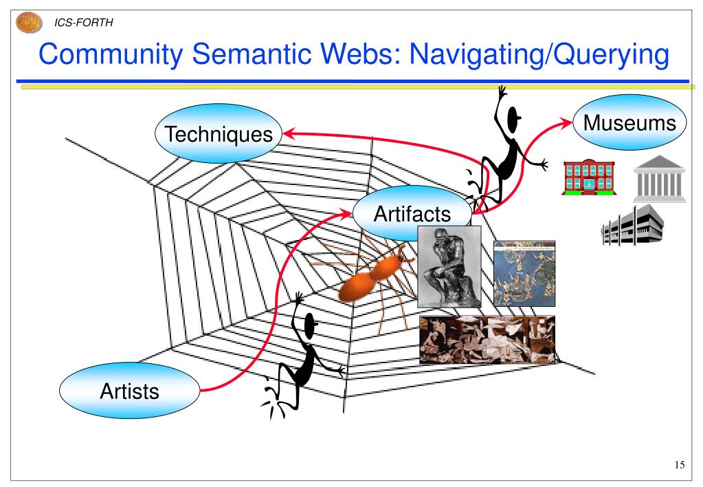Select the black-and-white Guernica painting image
pyautogui.click(x=487, y=340)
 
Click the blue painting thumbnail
pyautogui.click(x=524, y=272)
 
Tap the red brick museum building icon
pyautogui.click(x=588, y=178)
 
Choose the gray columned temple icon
pyautogui.click(x=658, y=177)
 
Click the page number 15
pyautogui.click(x=679, y=466)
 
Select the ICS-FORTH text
pyautogui.click(x=84, y=23)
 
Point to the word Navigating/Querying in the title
pyautogui.click(x=538, y=56)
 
